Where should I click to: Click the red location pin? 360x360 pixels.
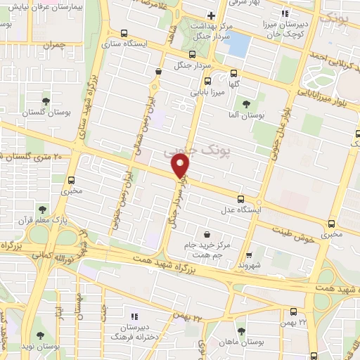181,166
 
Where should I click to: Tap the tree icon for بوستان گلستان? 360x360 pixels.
46,102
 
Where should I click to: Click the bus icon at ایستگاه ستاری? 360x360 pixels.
124,32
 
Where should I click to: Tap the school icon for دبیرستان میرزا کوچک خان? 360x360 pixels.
285,13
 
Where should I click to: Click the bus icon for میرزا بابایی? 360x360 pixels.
206,80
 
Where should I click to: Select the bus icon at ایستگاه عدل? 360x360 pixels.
241,199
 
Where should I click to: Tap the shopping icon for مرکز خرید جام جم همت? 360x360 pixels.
206,234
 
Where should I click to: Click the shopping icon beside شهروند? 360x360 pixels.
248,255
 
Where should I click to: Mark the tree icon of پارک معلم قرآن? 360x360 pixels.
43,209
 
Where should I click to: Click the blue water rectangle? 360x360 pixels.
238,46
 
